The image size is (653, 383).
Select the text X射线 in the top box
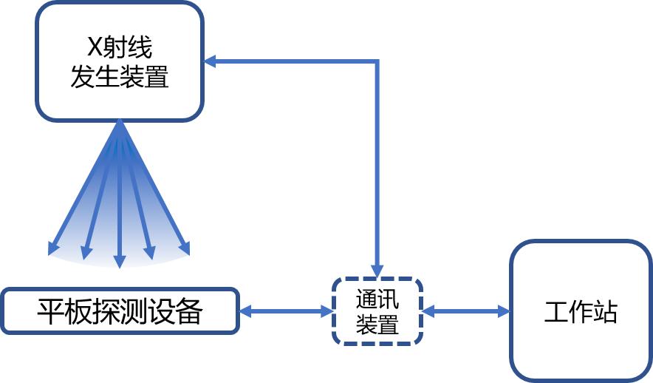[120, 48]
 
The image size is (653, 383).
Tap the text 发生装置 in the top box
[120, 77]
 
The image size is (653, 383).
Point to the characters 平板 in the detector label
[61, 311]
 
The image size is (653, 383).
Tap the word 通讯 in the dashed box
[377, 299]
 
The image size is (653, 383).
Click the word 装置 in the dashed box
[377, 325]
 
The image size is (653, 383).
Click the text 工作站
[581, 311]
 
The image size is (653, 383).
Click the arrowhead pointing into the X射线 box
[210, 61]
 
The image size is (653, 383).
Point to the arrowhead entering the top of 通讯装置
[377, 271]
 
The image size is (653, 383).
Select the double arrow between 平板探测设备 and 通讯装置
[286, 311]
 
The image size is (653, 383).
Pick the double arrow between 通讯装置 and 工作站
[466, 311]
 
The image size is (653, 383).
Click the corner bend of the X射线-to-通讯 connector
[377, 61]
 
